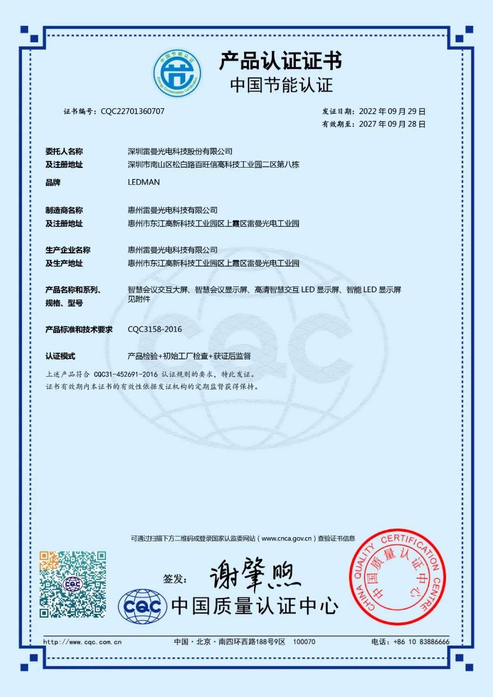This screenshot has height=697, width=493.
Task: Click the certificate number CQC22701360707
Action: point(132,111)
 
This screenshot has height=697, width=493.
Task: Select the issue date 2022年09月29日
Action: point(392,111)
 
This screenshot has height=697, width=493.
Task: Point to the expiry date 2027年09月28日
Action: point(392,124)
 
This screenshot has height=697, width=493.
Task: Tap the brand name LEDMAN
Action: point(144,182)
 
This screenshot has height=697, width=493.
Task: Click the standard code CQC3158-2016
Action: point(155,330)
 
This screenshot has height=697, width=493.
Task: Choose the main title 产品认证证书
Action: point(281,61)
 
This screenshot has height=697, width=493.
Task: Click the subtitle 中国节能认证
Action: point(281,85)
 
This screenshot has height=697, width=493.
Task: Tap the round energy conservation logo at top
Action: point(177,73)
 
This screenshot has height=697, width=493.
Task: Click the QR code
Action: point(73,584)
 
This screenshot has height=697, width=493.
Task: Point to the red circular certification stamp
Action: point(397,577)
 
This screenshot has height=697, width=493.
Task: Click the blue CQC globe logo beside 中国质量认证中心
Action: point(142,606)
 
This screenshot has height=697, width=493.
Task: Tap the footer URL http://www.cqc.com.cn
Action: point(83,642)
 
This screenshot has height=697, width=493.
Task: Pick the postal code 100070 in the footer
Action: point(304,642)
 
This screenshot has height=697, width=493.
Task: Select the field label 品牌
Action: point(53,183)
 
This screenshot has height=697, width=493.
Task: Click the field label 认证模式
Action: point(60,356)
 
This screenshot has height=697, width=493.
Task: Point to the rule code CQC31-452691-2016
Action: point(126,374)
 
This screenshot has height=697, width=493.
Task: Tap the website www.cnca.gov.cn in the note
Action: point(286,539)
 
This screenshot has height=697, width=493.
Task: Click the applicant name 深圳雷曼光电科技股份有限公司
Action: point(180,152)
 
